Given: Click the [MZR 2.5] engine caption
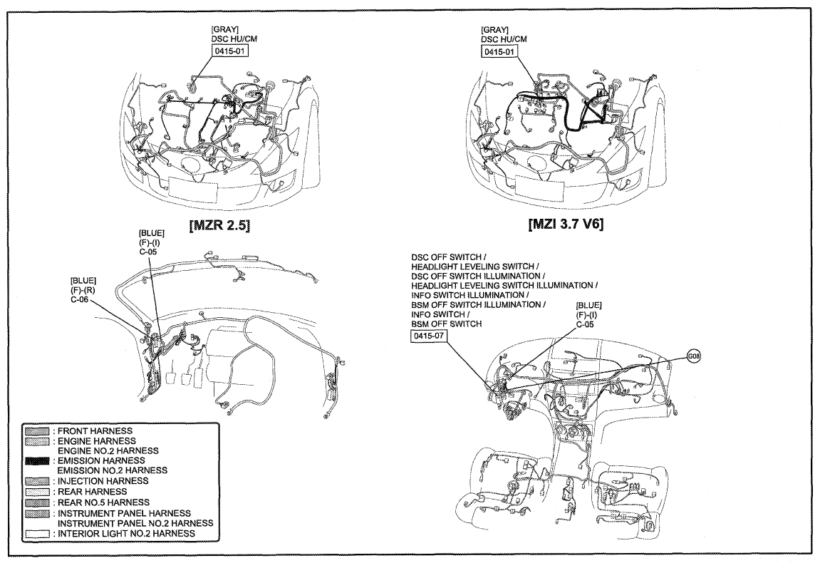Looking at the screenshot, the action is pos(219,225).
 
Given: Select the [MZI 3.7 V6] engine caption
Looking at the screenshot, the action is pos(566,224).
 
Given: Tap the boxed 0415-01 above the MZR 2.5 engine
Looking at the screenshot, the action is pos(229,51).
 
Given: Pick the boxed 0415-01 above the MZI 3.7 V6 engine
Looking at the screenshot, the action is pos(499,51).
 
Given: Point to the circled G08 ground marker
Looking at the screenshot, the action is pos(694,357).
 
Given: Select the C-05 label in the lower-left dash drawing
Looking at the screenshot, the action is pos(148,252).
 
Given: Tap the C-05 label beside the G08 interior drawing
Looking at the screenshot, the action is pos(585,324).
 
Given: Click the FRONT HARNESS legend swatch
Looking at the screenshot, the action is pos(37,431).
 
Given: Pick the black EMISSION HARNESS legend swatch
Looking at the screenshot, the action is pos(37,461).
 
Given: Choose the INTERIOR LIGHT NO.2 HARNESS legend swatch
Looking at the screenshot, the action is pos(37,534).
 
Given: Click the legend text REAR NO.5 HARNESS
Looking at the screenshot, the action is pos(103,502).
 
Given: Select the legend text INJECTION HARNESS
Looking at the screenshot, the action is pos(103,481).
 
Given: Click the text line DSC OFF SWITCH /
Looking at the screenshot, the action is pos(449,257).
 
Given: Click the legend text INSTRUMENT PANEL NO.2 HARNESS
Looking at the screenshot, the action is pos(135,524).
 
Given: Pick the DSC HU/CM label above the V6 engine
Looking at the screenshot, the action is pos(504,39).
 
